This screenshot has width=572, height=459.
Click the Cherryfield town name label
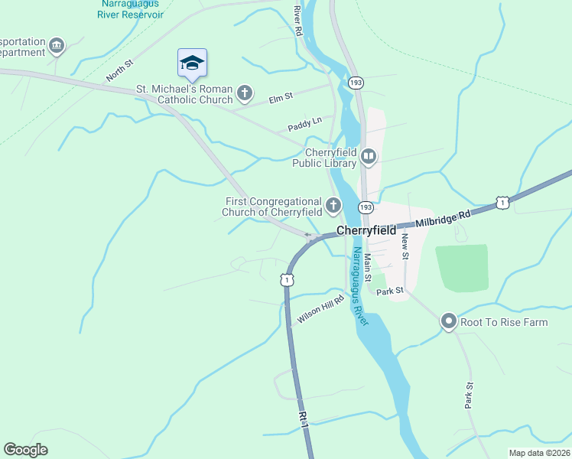(366, 229)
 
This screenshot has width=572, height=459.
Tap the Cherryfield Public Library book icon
(369, 158)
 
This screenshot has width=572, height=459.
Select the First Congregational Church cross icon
(333, 205)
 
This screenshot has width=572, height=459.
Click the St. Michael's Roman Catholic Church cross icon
(244, 94)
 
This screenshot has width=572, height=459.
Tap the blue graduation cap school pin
(192, 63)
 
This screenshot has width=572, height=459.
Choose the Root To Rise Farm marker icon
(449, 322)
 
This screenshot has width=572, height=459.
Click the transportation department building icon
(56, 47)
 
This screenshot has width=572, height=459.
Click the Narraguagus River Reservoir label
(131, 8)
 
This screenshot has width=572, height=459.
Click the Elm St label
(281, 98)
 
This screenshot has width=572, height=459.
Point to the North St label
(119, 73)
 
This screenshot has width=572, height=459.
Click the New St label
(405, 244)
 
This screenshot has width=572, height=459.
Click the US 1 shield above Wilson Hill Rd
(287, 280)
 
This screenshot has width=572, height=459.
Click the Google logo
(25, 450)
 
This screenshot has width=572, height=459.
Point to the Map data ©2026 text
(539, 453)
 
